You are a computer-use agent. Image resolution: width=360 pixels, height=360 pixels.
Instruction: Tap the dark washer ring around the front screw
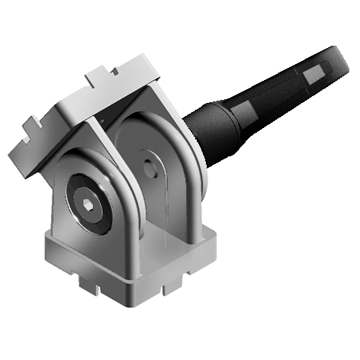[x=79, y=196]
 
